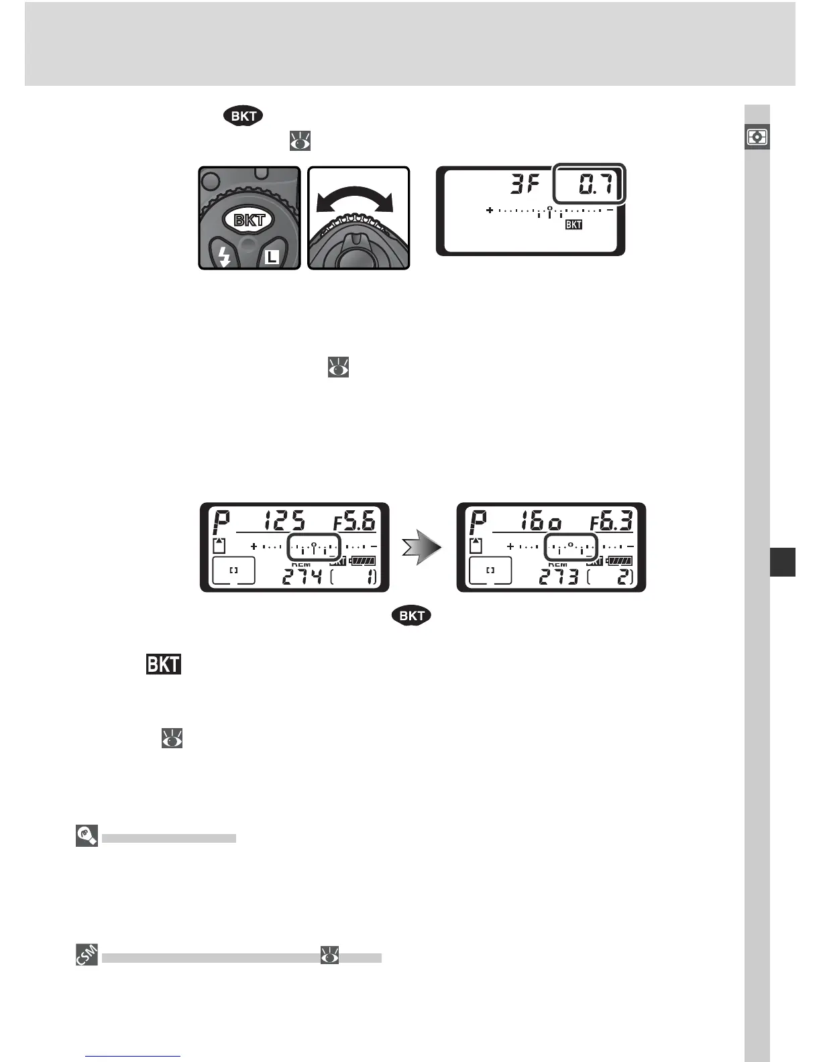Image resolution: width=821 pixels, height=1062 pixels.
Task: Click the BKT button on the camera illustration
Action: [249, 219]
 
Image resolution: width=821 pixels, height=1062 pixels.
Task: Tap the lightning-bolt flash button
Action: [224, 255]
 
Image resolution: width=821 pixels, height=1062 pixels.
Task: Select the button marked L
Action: [271, 255]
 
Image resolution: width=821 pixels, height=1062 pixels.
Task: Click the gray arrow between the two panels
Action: [421, 548]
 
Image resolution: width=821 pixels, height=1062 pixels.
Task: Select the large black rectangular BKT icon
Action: [164, 664]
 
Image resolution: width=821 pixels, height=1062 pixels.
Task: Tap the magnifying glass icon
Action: [87, 836]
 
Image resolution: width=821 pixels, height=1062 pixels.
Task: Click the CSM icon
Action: [87, 955]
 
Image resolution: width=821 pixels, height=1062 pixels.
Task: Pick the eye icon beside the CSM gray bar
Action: [329, 955]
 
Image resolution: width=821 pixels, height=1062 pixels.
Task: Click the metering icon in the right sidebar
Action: [757, 137]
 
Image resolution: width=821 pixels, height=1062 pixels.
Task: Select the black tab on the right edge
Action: [782, 562]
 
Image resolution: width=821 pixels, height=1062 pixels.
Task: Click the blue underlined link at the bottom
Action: [133, 1055]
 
